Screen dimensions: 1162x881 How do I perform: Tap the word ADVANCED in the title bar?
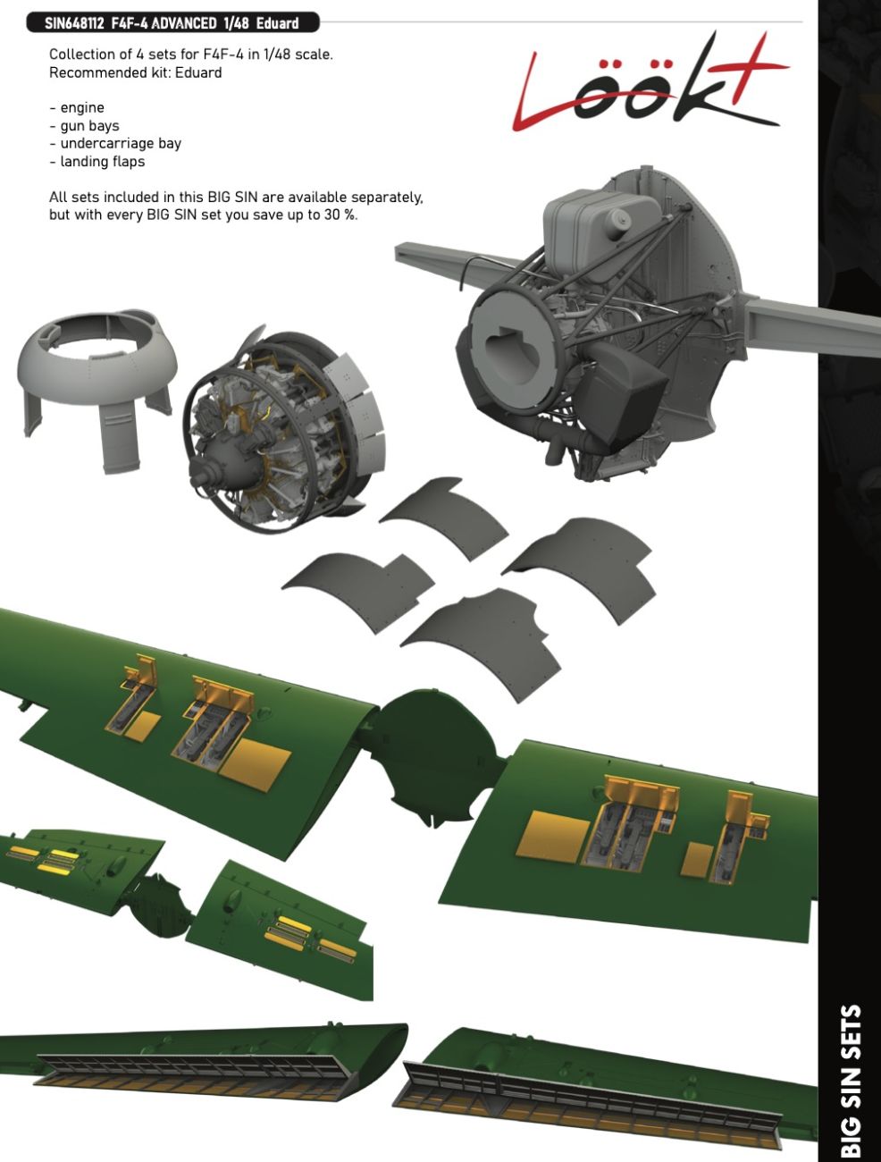pyautogui.click(x=183, y=23)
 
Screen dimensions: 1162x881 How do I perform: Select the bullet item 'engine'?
pyautogui.click(x=81, y=108)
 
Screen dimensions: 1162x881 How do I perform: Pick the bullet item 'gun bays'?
pyautogui.click(x=89, y=126)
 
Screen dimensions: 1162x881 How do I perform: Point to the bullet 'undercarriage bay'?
pyautogui.click(x=121, y=144)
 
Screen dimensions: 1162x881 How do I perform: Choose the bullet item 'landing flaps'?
pyautogui.click(x=102, y=162)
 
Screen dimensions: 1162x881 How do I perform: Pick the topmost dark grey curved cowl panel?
pyautogui.click(x=442, y=514)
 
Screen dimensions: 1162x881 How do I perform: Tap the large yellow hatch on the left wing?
pyautogui.click(x=255, y=764)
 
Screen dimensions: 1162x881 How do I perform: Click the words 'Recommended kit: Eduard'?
pyautogui.click(x=136, y=72)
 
